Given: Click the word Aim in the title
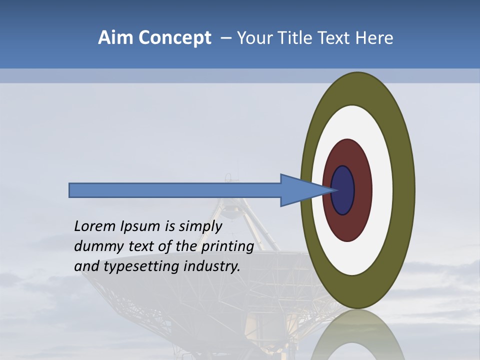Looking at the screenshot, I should click(115, 38).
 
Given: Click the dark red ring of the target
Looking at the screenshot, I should click(362, 190).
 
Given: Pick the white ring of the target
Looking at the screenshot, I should click(382, 190).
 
